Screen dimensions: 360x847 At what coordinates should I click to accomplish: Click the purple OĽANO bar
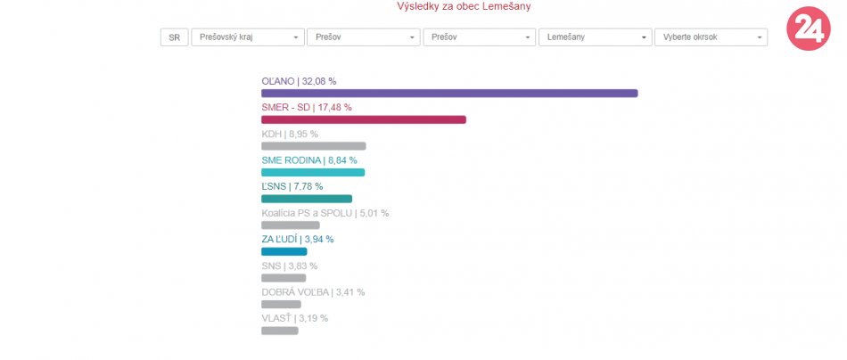pos(449,94)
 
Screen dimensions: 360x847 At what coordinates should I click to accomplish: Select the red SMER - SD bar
pos(364,119)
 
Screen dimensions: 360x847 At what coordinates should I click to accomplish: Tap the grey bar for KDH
pos(313,146)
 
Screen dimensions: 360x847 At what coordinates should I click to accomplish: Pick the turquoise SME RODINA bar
pos(313,172)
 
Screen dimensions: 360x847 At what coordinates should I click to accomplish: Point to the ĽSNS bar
pos(307,199)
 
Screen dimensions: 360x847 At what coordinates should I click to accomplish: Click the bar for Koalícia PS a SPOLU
pos(290,225)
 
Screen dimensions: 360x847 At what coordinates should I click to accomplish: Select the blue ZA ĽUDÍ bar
pos(284,251)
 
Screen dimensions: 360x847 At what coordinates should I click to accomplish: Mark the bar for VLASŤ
pos(279,331)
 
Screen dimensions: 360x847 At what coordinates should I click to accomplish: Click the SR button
pos(174,37)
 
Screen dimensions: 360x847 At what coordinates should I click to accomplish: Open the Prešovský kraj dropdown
pos(247,37)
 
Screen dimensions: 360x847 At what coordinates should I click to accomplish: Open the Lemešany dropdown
pos(595,37)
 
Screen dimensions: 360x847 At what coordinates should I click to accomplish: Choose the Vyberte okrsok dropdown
pos(711,37)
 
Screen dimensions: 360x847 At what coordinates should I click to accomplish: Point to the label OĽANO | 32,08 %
pos(299,81)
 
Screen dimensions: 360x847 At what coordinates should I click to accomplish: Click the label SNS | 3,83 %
pos(289,266)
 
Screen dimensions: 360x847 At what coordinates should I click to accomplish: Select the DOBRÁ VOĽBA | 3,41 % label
pos(313,291)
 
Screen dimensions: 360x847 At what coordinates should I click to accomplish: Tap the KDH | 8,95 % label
pos(289,134)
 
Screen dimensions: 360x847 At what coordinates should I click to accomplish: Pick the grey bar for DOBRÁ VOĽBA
pos(281,305)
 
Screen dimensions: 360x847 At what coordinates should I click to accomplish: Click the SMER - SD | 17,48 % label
pos(306,107)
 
